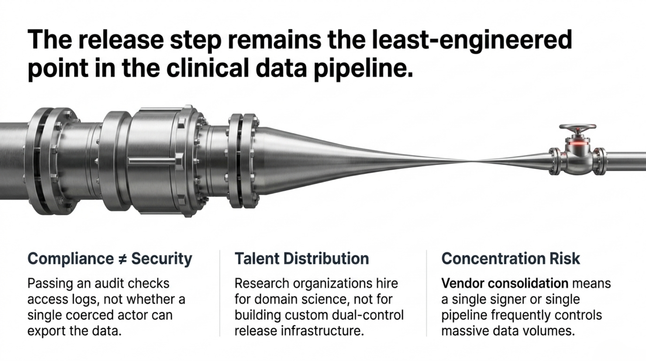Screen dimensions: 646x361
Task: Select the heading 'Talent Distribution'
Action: point(302,259)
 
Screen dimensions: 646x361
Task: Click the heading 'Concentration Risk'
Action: point(510,259)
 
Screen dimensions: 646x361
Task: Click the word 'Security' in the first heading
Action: point(162,259)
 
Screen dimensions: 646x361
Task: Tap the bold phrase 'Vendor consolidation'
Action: point(505,283)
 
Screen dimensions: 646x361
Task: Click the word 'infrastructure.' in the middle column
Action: point(322,331)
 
